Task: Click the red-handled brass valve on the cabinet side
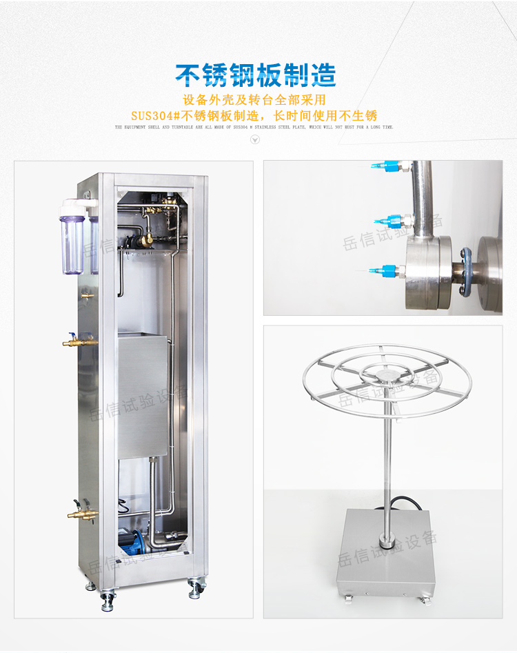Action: (76, 340)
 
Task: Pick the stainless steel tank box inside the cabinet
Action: (143, 396)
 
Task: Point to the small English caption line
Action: (254, 128)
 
